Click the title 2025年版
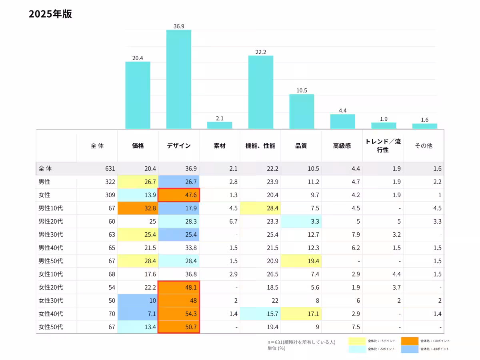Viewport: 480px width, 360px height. pos(50,14)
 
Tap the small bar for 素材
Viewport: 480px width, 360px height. pos(220,125)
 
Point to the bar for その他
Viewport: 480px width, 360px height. pos(424,126)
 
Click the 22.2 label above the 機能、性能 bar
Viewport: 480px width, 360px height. pos(261,52)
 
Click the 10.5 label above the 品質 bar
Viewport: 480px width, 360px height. pos(302,90)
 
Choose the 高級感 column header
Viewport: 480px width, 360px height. pos(342,146)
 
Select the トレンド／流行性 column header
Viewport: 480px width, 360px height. pos(383,146)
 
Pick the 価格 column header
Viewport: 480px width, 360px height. pos(138,146)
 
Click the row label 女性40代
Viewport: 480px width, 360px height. pos(51,314)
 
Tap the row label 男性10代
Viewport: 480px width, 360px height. pos(51,208)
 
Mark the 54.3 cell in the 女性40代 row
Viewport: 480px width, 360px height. pos(179,314)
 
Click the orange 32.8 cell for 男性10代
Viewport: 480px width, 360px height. pos(138,208)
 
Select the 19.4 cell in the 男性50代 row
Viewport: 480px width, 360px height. pos(302,261)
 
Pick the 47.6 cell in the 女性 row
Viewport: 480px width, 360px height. pos(179,195)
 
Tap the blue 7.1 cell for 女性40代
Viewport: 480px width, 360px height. pos(138,314)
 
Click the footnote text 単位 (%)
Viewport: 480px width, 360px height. pos(276,348)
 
